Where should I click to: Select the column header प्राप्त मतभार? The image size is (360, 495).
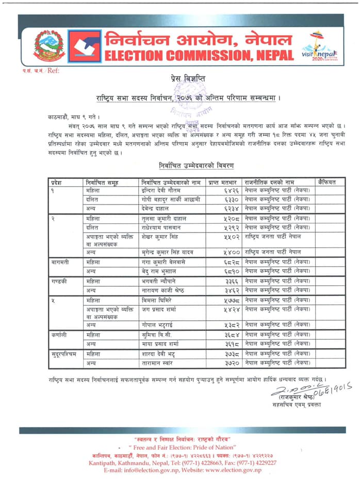pos(223,183)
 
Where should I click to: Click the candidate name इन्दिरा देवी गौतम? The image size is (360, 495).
pos(160,191)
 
